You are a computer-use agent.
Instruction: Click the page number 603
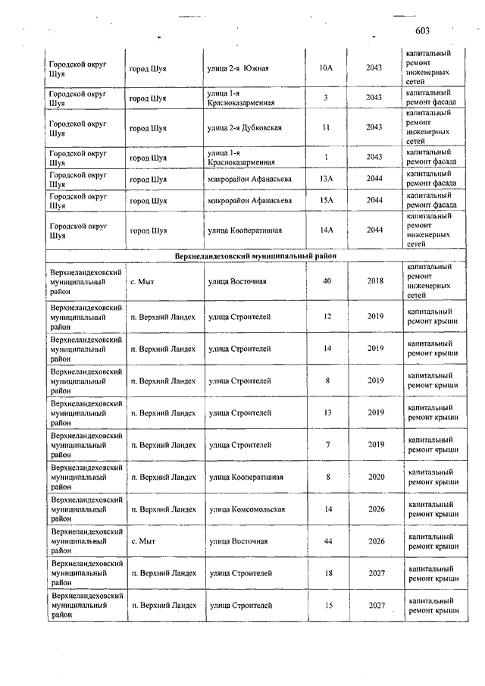[423, 31]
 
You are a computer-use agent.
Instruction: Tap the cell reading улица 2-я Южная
[239, 68]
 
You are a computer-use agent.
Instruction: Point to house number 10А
[326, 68]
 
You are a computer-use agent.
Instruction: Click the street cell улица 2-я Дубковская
[244, 127]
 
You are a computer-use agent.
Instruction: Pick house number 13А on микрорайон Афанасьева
[326, 179]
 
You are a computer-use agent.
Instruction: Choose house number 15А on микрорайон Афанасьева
[326, 200]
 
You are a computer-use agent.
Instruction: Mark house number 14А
[326, 230]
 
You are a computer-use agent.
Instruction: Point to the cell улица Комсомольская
[247, 509]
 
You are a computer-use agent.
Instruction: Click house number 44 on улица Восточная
[327, 541]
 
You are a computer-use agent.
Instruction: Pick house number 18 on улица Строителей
[327, 574]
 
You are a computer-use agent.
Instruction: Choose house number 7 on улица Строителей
[327, 444]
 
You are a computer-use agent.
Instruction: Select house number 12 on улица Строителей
[327, 316]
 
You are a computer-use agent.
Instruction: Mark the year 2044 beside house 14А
[374, 230]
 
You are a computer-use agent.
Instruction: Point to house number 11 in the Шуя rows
[326, 127]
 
